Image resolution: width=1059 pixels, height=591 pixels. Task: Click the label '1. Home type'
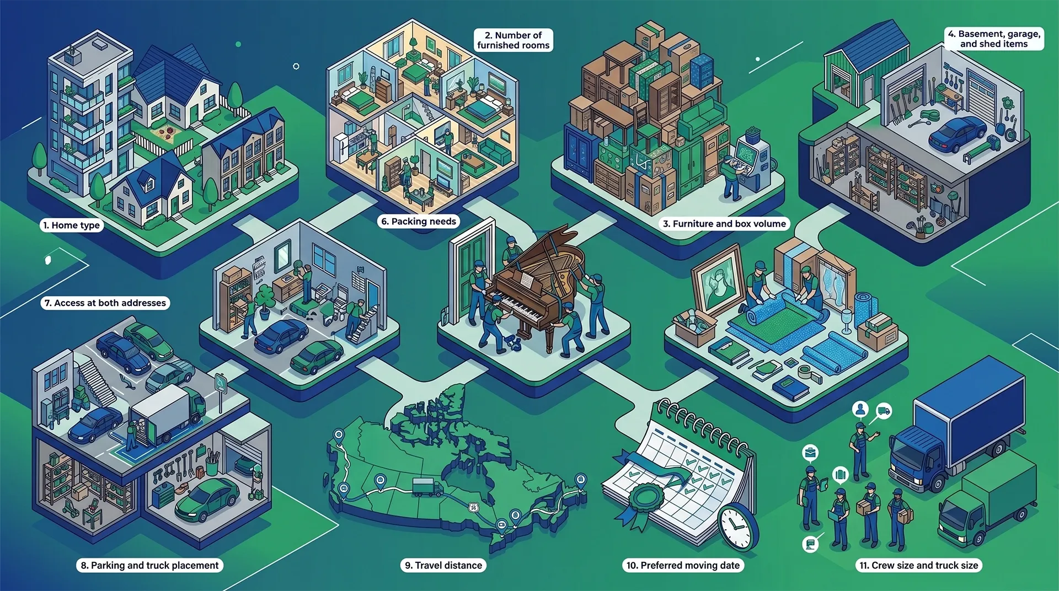coord(72,225)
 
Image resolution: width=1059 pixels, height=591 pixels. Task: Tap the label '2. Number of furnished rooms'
coord(514,40)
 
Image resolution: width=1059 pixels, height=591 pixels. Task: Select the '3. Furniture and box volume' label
coord(724,224)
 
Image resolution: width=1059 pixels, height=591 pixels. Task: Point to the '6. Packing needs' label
coord(419,222)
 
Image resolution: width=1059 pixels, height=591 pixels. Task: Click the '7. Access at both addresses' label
coord(105,303)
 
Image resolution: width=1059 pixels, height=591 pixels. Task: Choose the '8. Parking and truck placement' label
coord(149,565)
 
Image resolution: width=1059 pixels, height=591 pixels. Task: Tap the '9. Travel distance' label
coord(443,565)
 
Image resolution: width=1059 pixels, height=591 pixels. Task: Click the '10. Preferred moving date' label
coord(683,565)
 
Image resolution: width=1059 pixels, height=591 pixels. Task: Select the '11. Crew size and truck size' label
coord(919,565)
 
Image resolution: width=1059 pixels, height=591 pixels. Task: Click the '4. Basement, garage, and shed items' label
coord(994,39)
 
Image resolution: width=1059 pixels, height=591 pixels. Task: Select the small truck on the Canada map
coord(427,487)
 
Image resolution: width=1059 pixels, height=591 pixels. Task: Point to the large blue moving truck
coord(957,422)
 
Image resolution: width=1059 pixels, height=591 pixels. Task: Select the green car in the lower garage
coord(207,499)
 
